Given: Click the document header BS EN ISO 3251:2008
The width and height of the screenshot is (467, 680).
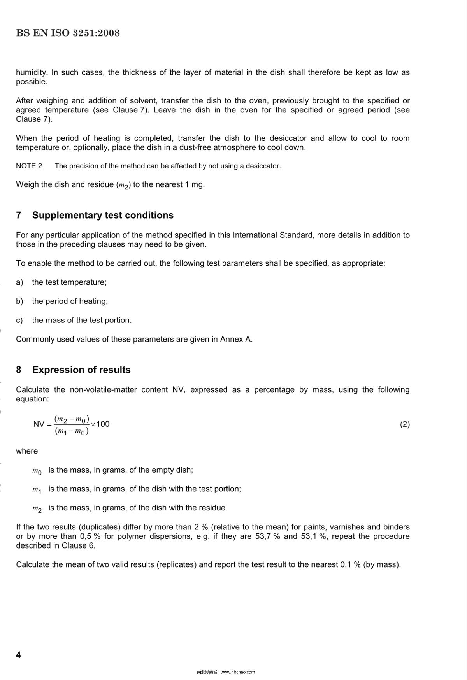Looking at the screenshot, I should pyautogui.click(x=68, y=33).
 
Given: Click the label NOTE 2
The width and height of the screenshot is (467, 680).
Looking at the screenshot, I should pyautogui.click(x=29, y=166).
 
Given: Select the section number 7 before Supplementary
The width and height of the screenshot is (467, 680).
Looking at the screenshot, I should pyautogui.click(x=19, y=215).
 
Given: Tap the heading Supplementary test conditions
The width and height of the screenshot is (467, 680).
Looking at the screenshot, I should pyautogui.click(x=103, y=215).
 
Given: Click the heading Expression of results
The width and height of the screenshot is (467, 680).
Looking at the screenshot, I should pyautogui.click(x=81, y=370).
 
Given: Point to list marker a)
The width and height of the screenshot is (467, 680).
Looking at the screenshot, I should pyautogui.click(x=19, y=282).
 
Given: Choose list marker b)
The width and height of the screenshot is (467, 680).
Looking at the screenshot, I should pyautogui.click(x=19, y=301).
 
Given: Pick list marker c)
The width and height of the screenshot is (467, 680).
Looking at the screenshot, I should pyautogui.click(x=19, y=321).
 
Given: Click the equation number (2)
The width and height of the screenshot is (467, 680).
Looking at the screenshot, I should pyautogui.click(x=405, y=424).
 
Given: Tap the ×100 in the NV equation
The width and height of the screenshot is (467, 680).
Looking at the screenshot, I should pyautogui.click(x=100, y=424).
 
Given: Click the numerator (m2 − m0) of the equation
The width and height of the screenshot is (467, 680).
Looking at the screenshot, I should pyautogui.click(x=72, y=419).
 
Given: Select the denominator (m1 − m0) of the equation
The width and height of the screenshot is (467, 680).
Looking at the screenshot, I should pyautogui.click(x=72, y=431).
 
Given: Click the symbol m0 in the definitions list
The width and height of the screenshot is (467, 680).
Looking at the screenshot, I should pyautogui.click(x=37, y=471).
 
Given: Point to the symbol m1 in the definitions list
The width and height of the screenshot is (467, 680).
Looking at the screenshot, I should pyautogui.click(x=37, y=490).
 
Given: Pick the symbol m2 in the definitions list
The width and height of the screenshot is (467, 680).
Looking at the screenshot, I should pyautogui.click(x=37, y=509).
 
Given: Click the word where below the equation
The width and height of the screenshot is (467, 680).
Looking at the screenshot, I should pyautogui.click(x=27, y=451).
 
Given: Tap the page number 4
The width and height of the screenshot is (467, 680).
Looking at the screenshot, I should pyautogui.click(x=18, y=655).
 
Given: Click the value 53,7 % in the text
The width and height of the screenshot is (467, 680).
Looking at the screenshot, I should pyautogui.click(x=267, y=536).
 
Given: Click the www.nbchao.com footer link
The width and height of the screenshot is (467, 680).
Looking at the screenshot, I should pyautogui.click(x=238, y=672).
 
